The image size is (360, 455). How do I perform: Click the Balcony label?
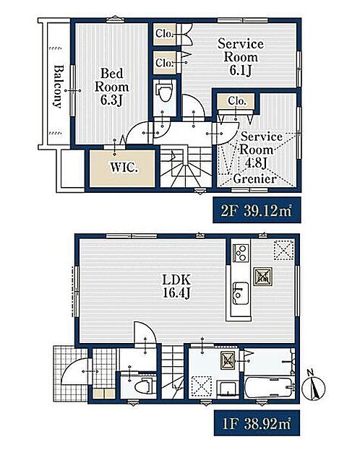pyautogui.click(x=58, y=87)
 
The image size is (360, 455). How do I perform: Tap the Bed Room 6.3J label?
pyautogui.click(x=111, y=87)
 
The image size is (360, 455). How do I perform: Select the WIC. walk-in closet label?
pyautogui.click(x=123, y=168)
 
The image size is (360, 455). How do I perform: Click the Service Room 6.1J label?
pyautogui.click(x=241, y=57)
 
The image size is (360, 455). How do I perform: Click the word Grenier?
pyautogui.click(x=254, y=179)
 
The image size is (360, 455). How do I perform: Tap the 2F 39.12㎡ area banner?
pyautogui.click(x=257, y=210)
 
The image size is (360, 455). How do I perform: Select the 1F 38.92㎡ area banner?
pyautogui.click(x=257, y=422)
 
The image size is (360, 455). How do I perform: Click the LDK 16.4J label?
pyautogui.click(x=176, y=287)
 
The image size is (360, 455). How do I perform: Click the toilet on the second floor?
pyautogui.click(x=165, y=92)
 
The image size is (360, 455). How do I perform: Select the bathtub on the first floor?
pyautogui.click(x=268, y=387)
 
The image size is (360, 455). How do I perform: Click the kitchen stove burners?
pyautogui.click(x=241, y=253)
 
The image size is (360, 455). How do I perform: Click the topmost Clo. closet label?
pyautogui.click(x=164, y=34)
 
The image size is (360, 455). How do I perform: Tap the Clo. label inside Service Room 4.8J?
pyautogui.click(x=237, y=101)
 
